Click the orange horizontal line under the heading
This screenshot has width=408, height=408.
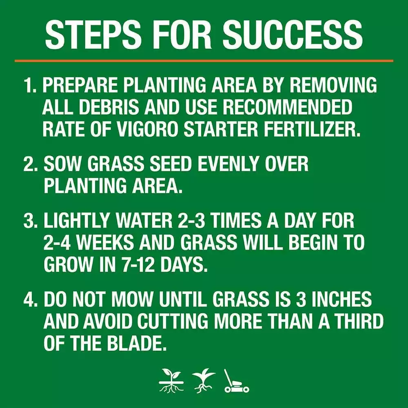point(204,61)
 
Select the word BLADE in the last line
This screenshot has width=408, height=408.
point(134,343)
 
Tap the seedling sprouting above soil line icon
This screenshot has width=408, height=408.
point(171,381)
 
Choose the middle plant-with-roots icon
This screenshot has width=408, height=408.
point(203,381)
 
